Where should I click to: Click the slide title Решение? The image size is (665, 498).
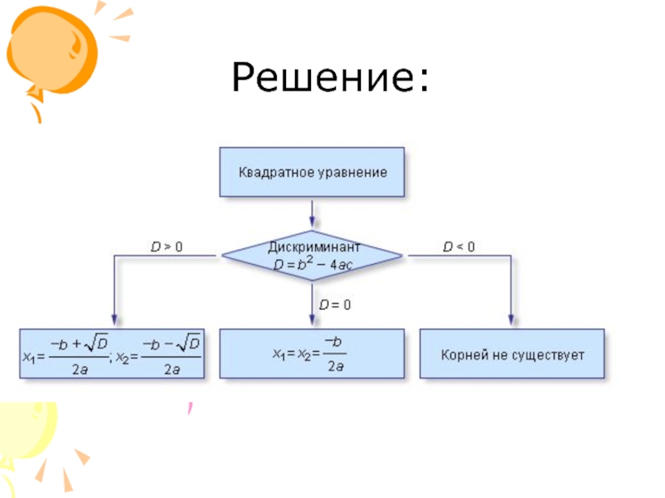[x=331, y=78]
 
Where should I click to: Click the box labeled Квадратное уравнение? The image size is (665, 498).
[x=312, y=173]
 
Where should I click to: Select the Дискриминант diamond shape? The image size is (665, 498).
[x=313, y=256]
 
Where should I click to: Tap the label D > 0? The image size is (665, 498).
[x=166, y=247]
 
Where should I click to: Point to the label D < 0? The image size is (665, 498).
[x=459, y=247]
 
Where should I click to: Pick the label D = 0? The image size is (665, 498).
[x=335, y=305]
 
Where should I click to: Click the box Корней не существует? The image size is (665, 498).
[x=513, y=354]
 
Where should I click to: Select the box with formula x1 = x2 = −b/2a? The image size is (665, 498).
[x=312, y=354]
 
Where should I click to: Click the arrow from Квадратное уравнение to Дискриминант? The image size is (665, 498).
[x=313, y=213]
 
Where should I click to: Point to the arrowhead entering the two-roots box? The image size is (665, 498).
[x=113, y=321]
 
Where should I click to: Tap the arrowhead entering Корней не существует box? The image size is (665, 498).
[x=512, y=321]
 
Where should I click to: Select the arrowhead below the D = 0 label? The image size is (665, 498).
[x=313, y=321]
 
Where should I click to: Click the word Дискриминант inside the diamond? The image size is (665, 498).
[x=314, y=247]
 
